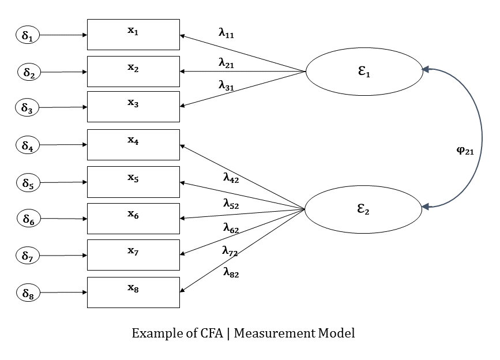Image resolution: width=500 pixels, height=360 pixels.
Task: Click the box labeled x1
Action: click(133, 35)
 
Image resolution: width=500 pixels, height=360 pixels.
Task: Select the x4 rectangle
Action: click(133, 145)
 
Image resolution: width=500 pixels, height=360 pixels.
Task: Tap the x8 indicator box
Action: click(133, 292)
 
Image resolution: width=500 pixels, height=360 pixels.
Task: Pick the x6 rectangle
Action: click(133, 219)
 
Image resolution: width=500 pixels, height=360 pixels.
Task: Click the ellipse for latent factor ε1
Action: click(363, 72)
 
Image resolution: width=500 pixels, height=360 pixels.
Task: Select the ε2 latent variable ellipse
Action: click(363, 209)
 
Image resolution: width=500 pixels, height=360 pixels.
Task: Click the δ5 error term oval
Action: click(28, 183)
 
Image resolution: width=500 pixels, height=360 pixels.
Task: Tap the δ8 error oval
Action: click(28, 293)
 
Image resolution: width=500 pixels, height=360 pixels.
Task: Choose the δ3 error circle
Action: click(28, 107)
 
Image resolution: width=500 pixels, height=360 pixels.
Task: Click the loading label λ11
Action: click(226, 33)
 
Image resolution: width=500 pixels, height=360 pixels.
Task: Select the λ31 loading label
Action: click(226, 85)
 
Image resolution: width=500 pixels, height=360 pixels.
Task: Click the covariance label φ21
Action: click(465, 151)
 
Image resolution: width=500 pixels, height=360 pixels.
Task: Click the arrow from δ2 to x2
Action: click(63, 72)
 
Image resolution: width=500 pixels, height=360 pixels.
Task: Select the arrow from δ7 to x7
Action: click(63, 256)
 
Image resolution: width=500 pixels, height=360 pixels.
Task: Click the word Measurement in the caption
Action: click(268, 333)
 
